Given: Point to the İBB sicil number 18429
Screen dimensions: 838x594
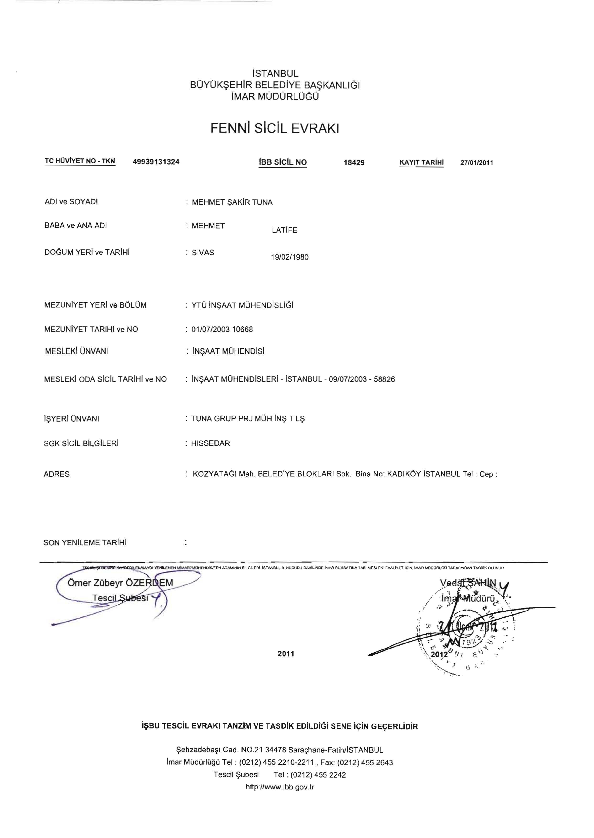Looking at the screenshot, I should click(x=354, y=163).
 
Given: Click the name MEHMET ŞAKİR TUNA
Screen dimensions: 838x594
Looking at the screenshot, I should click(x=232, y=202).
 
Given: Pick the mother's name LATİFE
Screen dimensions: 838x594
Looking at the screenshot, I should click(x=284, y=230).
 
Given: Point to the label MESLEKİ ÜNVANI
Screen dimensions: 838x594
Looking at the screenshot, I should click(x=76, y=351).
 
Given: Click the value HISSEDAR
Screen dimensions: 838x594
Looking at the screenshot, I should click(x=210, y=443).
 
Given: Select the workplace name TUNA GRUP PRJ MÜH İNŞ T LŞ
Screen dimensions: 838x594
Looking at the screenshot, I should click(x=248, y=419).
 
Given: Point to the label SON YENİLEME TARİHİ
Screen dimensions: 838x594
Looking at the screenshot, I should click(x=85, y=542).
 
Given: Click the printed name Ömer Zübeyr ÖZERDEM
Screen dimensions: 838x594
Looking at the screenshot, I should click(x=120, y=583).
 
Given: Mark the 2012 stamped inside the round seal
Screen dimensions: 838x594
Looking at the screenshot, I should click(x=439, y=654).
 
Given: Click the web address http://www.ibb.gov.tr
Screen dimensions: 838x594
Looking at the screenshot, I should click(x=280, y=787).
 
